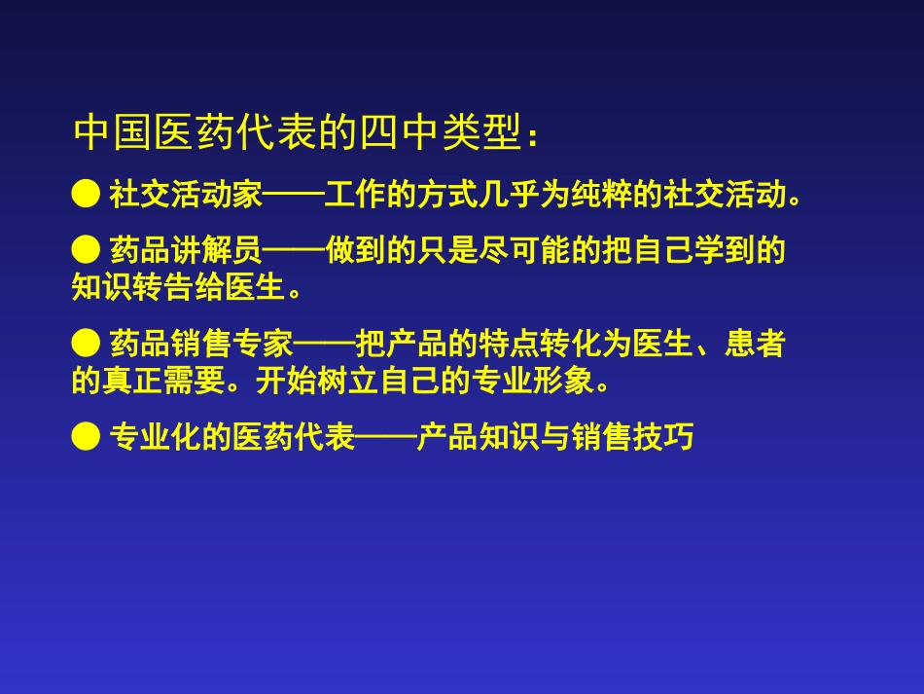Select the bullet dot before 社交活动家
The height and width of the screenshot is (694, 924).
pyautogui.click(x=86, y=195)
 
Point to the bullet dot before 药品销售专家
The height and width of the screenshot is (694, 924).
pyautogui.click(x=86, y=344)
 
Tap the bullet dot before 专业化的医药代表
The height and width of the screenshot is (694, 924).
pyautogui.click(x=86, y=437)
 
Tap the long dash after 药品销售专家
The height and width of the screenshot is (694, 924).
pyautogui.click(x=324, y=345)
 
